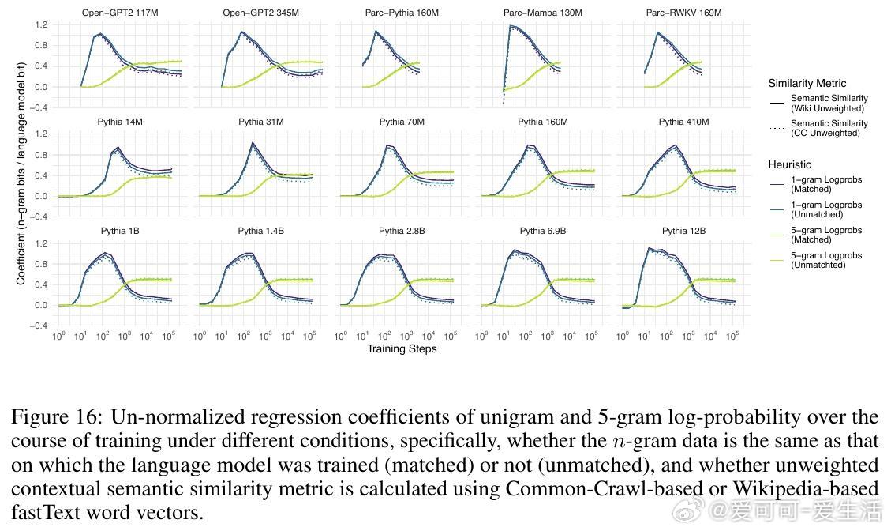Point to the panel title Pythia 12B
pyautogui.click(x=684, y=232)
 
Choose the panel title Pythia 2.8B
pyautogui.click(x=402, y=232)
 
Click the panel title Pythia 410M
pyautogui.click(x=684, y=122)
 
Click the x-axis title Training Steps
pyautogui.click(x=402, y=348)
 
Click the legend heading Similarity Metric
pyautogui.click(x=807, y=83)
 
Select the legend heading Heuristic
pyautogui.click(x=789, y=164)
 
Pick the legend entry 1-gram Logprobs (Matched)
pyautogui.click(x=825, y=184)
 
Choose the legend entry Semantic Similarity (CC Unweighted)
pyautogui.click(x=829, y=128)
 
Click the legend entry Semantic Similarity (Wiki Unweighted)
pyautogui.click(x=829, y=103)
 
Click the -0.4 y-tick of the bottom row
pyautogui.click(x=39, y=326)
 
